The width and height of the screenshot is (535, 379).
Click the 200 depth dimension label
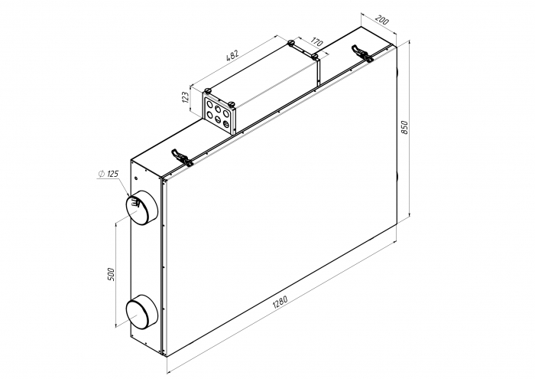[x=382, y=20]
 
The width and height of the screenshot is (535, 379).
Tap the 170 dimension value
[x=316, y=41]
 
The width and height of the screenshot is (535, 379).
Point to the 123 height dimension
[x=186, y=97]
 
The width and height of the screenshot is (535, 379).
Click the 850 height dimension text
[x=404, y=127]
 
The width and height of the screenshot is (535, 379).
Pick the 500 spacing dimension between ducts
[x=112, y=274]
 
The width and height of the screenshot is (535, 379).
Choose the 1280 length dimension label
[x=280, y=302]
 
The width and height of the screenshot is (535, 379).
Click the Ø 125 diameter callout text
[x=109, y=174]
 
